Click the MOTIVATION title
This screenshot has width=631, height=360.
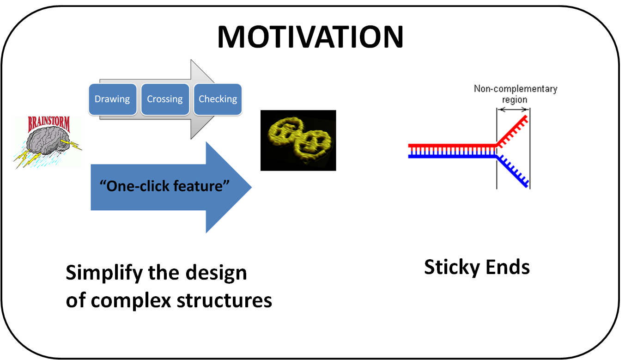tap(310, 37)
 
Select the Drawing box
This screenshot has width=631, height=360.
tap(112, 99)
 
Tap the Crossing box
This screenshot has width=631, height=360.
tap(165, 99)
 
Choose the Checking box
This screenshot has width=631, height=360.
tap(218, 99)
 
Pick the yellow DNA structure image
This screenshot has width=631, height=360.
tap(298, 140)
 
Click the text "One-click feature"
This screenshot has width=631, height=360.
tap(165, 186)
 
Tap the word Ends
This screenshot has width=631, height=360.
tap(508, 267)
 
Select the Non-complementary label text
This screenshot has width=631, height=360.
tap(516, 89)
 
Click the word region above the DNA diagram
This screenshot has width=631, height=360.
tap(515, 99)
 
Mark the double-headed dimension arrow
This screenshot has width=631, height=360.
tap(513, 110)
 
